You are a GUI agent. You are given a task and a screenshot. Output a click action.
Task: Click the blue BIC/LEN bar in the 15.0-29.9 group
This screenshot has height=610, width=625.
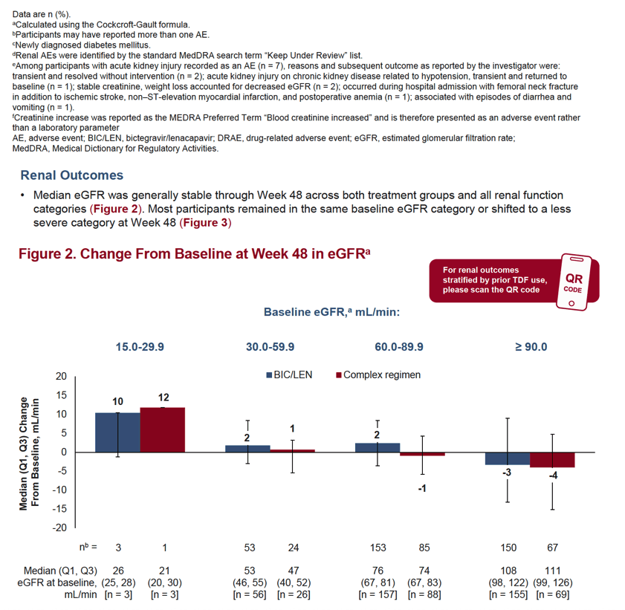[x=117, y=432]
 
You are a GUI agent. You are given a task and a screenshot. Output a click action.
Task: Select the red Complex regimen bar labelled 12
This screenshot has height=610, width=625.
[x=163, y=430]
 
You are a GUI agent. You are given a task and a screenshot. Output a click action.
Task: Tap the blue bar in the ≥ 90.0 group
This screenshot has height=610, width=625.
[x=508, y=458]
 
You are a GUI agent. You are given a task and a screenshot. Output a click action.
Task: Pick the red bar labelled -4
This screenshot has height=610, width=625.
[x=552, y=460]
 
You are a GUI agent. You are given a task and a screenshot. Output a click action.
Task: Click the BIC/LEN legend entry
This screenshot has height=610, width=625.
[x=289, y=375]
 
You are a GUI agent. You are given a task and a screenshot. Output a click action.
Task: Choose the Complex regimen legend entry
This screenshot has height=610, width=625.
[x=378, y=375]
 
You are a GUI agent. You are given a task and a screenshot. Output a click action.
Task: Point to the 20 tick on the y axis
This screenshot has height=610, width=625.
[x=61, y=376]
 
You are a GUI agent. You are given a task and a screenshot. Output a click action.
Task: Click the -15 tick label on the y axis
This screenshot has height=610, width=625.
[x=59, y=508]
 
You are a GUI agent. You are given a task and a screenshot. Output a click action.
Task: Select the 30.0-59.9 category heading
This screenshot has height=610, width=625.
[x=271, y=347]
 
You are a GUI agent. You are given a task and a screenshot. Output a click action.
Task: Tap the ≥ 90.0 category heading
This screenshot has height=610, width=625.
[x=531, y=347]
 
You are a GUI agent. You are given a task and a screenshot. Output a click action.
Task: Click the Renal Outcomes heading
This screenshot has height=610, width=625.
[x=72, y=175]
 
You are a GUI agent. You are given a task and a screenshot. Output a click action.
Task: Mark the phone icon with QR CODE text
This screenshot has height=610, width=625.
[x=574, y=282]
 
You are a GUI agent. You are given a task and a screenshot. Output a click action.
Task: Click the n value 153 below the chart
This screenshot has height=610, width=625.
[x=378, y=548]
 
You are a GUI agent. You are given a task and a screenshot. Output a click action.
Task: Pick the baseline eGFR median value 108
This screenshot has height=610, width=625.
[x=508, y=571]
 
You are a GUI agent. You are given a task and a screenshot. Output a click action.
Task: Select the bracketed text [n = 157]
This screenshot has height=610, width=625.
[x=378, y=595]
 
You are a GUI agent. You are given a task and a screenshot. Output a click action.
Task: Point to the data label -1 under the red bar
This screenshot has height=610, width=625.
[x=422, y=488]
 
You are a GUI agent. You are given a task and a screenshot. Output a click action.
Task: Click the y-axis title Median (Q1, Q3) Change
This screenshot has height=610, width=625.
[x=24, y=454]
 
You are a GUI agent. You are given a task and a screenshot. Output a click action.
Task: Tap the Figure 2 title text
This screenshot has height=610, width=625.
[x=195, y=254]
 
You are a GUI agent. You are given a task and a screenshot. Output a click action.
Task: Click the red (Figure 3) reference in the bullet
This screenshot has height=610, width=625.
[x=205, y=223]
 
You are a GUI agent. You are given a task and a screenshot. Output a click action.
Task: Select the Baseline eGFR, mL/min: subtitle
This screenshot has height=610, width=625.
[x=331, y=312]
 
